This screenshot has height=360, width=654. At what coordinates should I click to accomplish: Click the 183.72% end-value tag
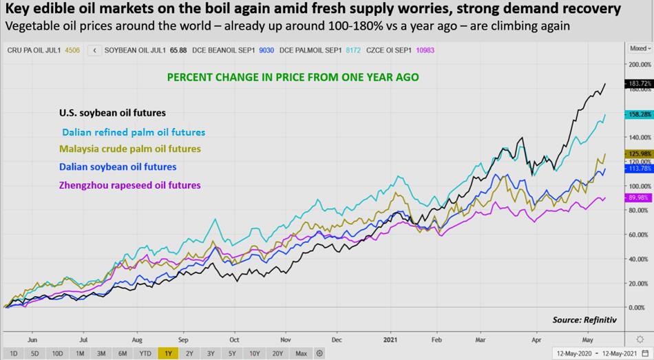tap(637, 83)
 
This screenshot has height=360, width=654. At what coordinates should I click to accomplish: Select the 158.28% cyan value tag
tap(637, 114)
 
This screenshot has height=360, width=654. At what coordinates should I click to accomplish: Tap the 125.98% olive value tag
tap(637, 153)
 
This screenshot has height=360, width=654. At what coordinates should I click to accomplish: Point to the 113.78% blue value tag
tap(637, 168)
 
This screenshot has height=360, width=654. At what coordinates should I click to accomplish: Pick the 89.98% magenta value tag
tap(637, 198)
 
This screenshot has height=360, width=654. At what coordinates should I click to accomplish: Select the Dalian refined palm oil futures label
tap(133, 132)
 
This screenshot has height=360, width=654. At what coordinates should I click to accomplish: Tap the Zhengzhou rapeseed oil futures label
tap(129, 185)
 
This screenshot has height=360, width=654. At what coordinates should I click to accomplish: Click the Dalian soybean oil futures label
tap(117, 167)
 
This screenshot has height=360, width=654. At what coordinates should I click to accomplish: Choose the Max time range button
tap(301, 353)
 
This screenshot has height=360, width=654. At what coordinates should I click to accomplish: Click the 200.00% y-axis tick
tap(637, 64)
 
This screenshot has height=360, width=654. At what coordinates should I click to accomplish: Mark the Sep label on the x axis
tap(183, 339)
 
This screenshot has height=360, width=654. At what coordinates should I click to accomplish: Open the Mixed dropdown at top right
tap(638, 49)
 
